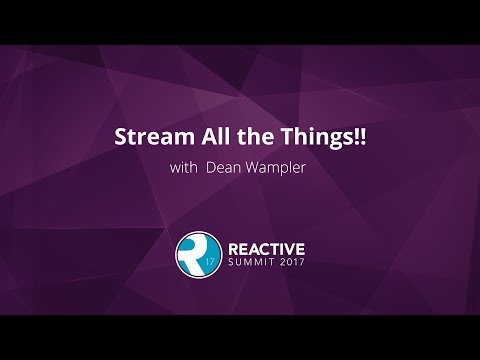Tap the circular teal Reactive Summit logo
point(195,256)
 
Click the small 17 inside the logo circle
point(208,264)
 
